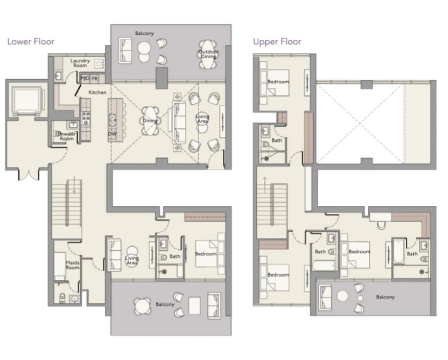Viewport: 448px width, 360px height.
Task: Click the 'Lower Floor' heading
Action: click(31, 42)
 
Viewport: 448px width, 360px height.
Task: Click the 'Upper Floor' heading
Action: click(277, 42)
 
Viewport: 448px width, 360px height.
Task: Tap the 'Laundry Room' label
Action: click(80, 63)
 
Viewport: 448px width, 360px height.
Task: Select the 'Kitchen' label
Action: click(98, 92)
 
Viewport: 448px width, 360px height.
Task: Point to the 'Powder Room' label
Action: click(67, 136)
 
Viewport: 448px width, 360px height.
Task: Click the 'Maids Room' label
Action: click(73, 265)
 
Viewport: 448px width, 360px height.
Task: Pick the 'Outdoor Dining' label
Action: click(208, 54)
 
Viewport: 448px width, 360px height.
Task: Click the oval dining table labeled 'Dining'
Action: click(150, 121)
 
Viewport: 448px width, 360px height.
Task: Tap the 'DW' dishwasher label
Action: click(112, 134)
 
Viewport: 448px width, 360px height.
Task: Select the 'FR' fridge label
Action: click(95, 78)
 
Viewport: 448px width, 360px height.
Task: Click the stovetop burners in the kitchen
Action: click(86, 118)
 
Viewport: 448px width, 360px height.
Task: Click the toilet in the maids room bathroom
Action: click(62, 299)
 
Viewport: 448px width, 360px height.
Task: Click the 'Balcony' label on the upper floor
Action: click(385, 297)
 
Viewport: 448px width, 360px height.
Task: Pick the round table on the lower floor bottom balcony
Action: click(143, 306)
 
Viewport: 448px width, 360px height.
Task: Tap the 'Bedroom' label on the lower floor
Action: click(206, 254)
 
